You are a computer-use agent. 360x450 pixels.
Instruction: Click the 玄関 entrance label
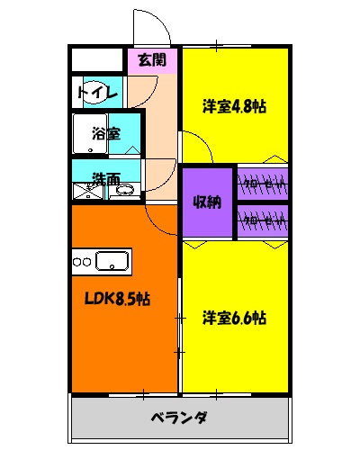(152, 61)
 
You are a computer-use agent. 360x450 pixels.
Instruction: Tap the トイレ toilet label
(94, 93)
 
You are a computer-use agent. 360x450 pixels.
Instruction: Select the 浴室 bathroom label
(105, 133)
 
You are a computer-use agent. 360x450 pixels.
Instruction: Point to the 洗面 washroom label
(106, 179)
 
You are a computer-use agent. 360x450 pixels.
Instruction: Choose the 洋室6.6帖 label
(234, 318)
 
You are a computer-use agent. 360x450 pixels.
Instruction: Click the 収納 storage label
(207, 202)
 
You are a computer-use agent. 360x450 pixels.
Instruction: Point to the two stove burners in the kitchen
(83, 262)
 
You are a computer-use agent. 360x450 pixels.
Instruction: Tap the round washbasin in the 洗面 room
(126, 190)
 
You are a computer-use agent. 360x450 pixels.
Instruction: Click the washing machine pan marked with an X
(88, 190)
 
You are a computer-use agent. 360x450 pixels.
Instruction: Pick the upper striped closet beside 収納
(263, 184)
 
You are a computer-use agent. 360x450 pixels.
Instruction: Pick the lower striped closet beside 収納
(263, 219)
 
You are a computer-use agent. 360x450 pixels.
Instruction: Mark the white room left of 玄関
(97, 60)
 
